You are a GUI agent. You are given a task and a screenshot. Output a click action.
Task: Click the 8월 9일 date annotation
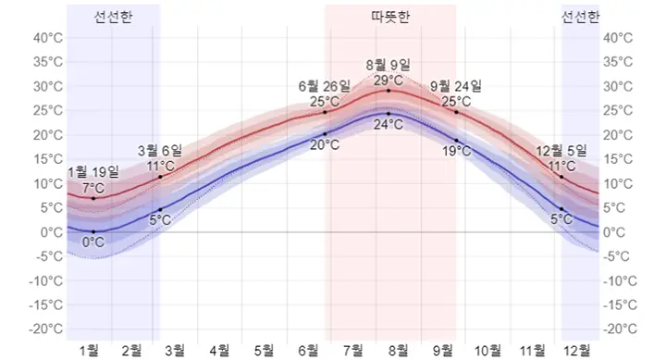[x=388, y=65]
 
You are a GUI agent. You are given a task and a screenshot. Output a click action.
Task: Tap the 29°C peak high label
[x=388, y=80]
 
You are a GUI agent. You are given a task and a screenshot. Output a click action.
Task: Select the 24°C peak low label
[x=388, y=124]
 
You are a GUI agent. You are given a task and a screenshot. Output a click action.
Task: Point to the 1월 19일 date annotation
[x=93, y=172]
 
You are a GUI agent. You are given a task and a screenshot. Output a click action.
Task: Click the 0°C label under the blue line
[x=93, y=242]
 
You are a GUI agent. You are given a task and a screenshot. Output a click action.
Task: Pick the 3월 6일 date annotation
[x=160, y=150]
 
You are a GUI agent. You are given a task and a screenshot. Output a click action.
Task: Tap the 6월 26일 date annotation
[x=325, y=86]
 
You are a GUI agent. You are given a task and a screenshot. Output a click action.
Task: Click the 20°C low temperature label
[x=325, y=145]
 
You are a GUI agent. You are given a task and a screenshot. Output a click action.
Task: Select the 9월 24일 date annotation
[x=456, y=87]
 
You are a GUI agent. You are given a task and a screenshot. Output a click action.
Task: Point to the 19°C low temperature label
[x=456, y=151]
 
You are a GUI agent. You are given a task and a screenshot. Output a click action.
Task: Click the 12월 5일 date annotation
[x=561, y=150]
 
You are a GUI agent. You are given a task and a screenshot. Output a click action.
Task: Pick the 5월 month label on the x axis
[x=265, y=350]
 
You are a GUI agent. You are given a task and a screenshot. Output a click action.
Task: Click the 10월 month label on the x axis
[x=487, y=350]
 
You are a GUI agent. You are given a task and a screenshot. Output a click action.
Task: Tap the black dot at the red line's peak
[x=388, y=91]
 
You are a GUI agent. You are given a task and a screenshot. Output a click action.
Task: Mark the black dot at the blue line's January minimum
[x=93, y=231]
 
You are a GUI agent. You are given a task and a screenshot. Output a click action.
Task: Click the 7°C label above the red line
[x=93, y=188]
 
